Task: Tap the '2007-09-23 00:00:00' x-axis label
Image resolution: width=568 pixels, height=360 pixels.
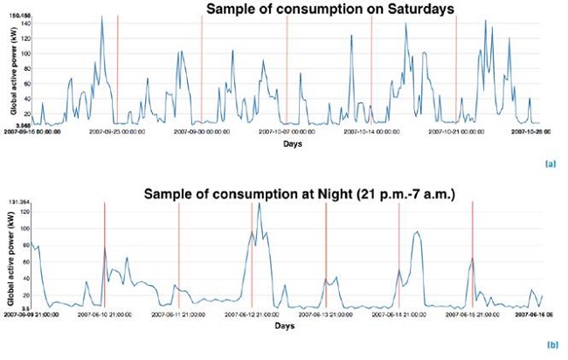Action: click(118, 132)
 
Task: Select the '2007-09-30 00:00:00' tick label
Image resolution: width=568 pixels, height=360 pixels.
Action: click(203, 132)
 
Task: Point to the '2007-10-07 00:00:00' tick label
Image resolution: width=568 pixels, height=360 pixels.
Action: click(287, 132)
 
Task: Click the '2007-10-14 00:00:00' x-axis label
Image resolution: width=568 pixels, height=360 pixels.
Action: click(372, 132)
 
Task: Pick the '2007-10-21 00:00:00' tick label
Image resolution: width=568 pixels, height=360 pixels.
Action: click(457, 132)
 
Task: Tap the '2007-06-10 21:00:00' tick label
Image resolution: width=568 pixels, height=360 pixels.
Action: click(105, 314)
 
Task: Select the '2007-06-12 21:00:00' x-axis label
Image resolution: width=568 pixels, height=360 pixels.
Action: click(253, 314)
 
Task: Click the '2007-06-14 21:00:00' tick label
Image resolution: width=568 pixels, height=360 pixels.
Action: click(399, 314)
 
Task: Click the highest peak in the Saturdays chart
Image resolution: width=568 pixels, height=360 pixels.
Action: click(102, 17)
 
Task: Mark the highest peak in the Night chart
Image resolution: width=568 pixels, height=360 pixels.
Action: click(259, 204)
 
